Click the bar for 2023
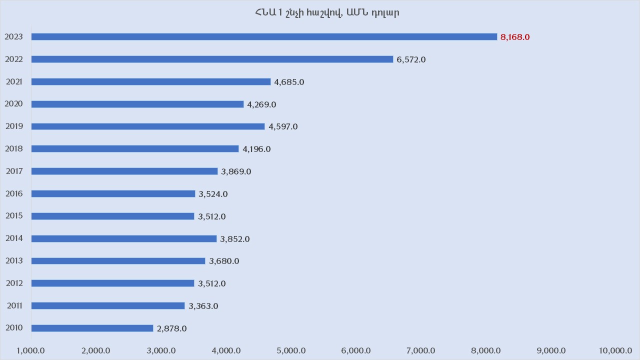coord(264,36)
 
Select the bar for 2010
coord(92,328)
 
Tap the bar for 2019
coord(148,126)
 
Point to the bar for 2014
coord(124,238)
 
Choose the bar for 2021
coord(151,81)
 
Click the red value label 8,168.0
coord(515,37)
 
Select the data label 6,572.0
coord(411,59)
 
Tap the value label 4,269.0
coord(261,104)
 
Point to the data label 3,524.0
coord(213,194)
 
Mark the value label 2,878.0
coord(171,328)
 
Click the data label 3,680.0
coord(224,261)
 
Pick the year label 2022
coord(14,59)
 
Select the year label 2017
coord(14,171)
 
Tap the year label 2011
coord(14,305)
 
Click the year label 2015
coord(14,216)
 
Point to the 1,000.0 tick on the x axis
coord(31,350)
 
